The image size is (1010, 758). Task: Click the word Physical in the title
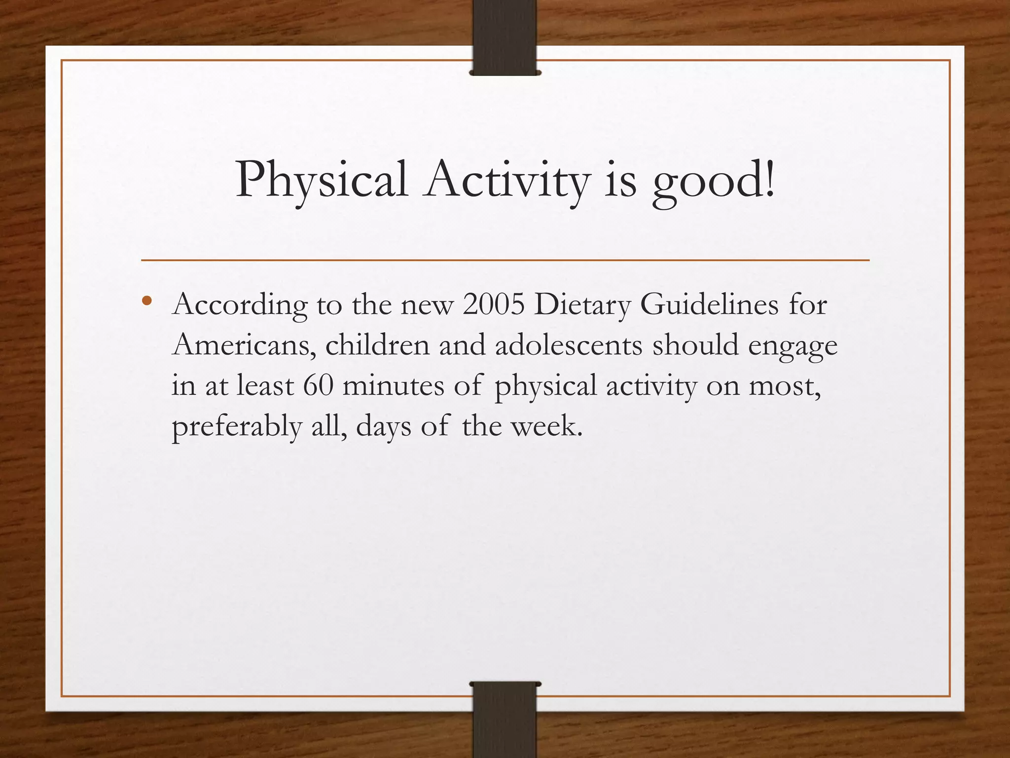click(x=321, y=181)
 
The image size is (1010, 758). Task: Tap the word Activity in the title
click(x=508, y=181)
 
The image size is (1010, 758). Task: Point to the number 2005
click(x=494, y=304)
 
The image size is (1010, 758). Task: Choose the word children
click(x=377, y=345)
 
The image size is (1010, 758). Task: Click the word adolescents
click(x=569, y=345)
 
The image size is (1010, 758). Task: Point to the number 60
click(x=318, y=385)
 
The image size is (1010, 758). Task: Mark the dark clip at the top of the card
click(x=505, y=38)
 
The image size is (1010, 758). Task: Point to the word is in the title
click(x=620, y=181)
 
